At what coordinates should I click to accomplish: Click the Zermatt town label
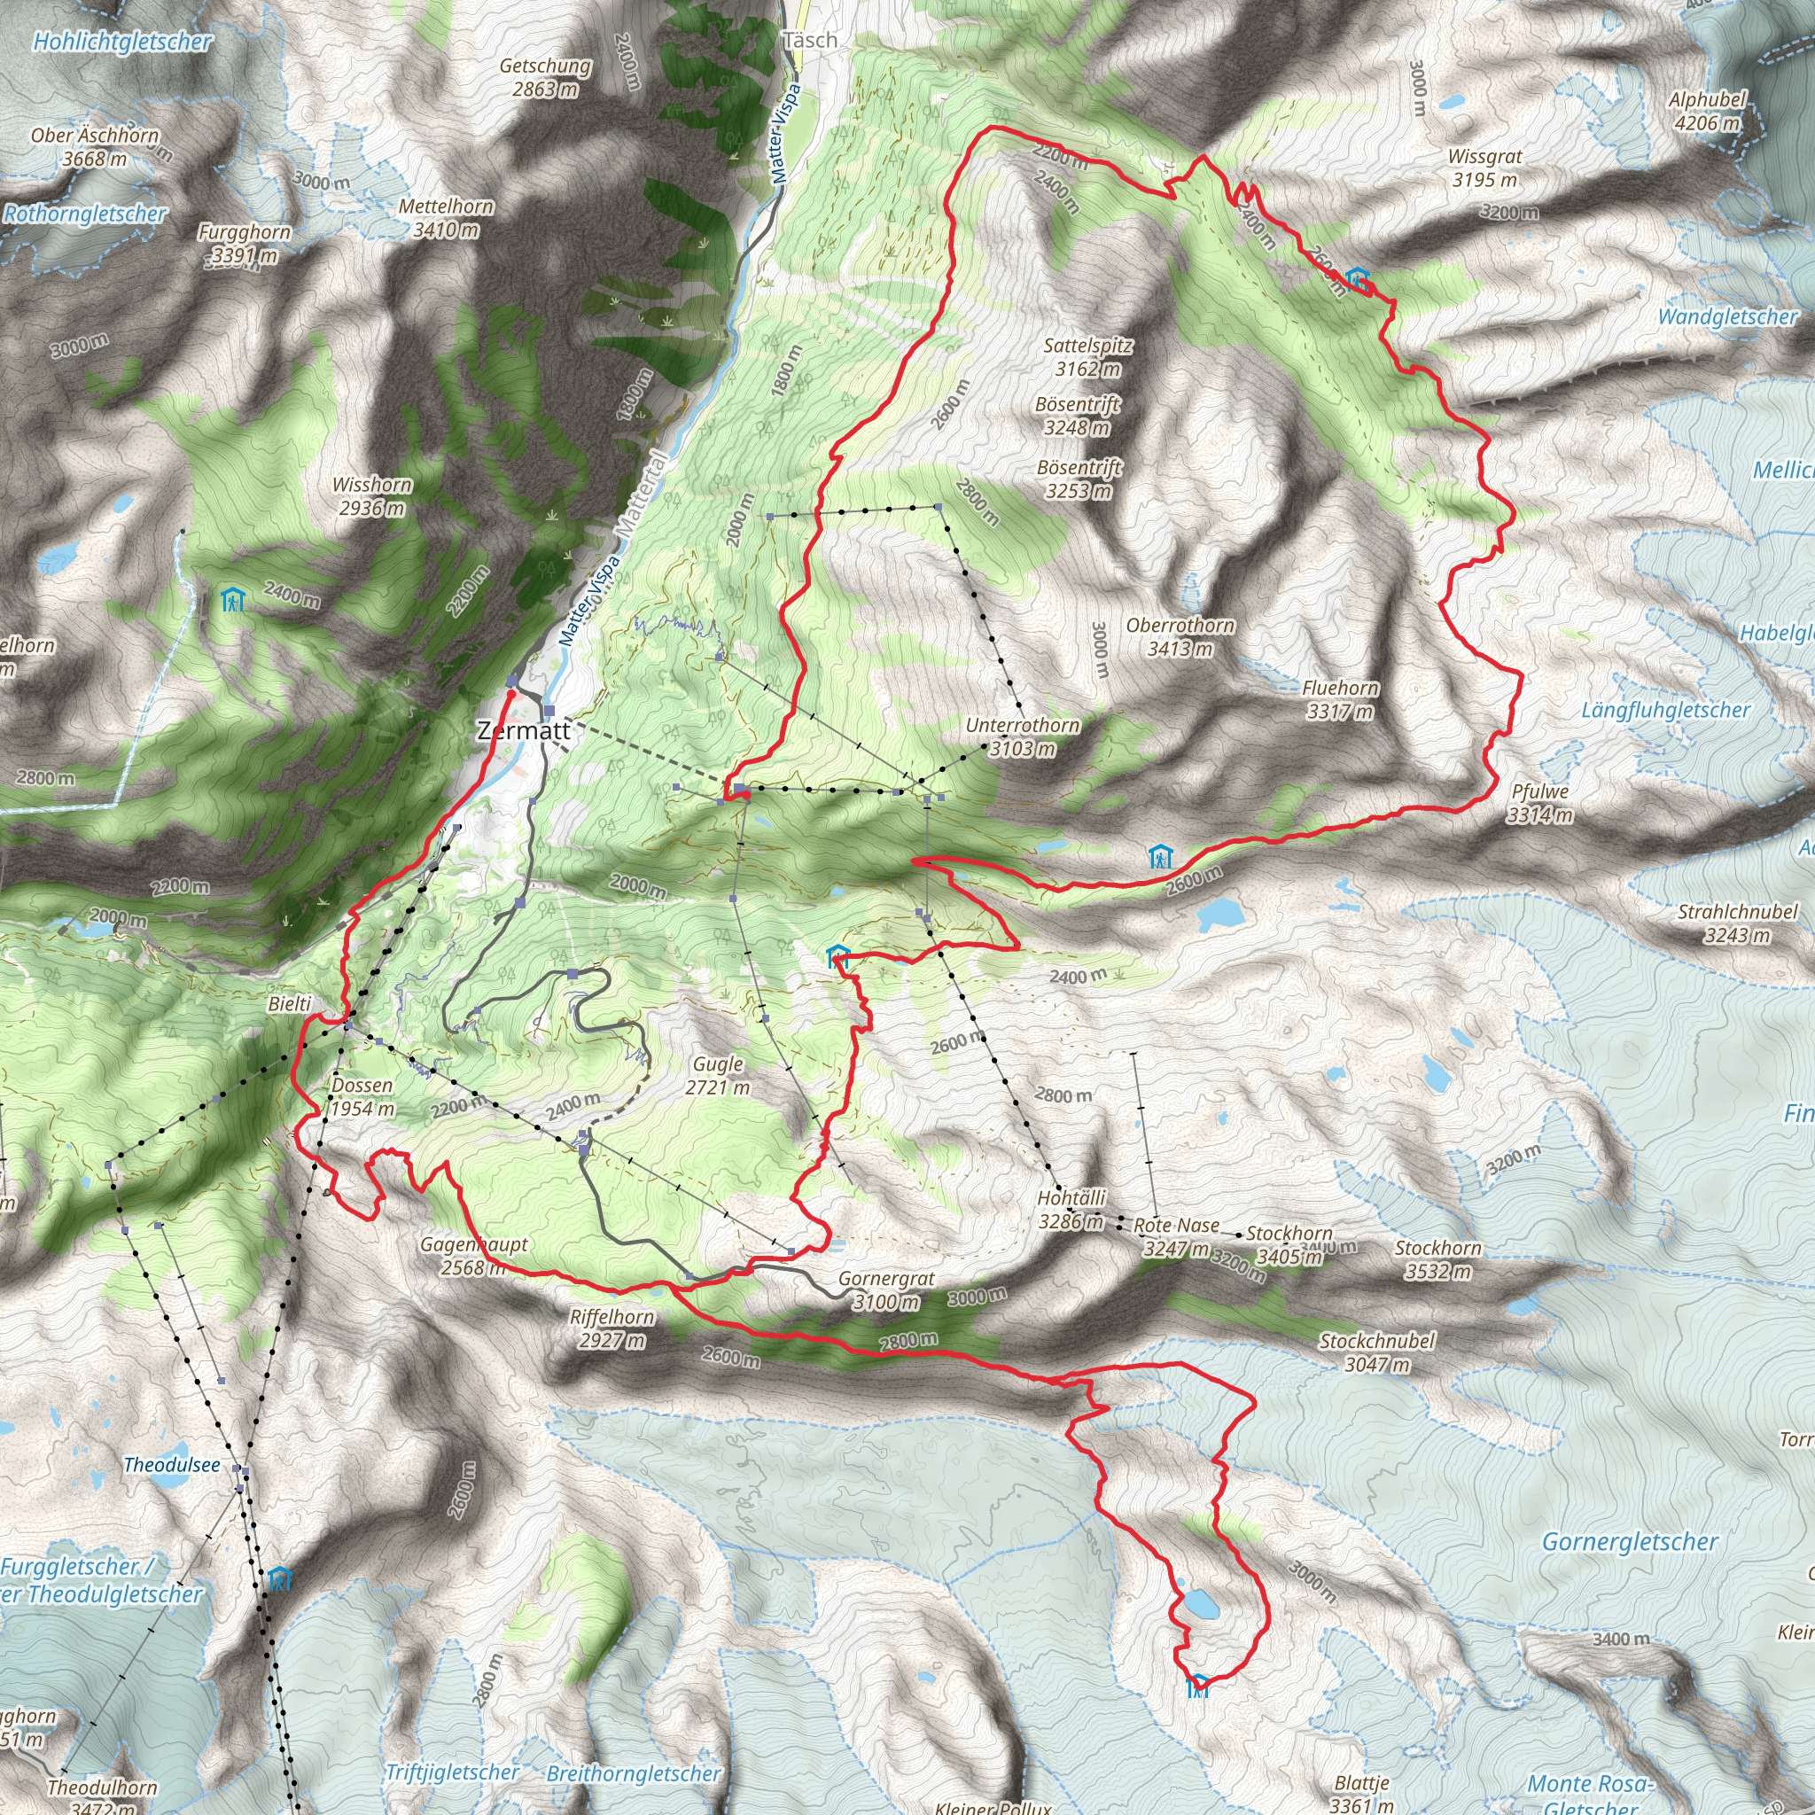[522, 731]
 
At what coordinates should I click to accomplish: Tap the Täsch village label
[809, 41]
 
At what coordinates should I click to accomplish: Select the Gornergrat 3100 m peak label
[886, 1290]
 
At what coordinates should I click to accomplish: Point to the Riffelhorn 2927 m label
[611, 1328]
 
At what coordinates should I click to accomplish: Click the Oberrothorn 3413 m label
[1180, 637]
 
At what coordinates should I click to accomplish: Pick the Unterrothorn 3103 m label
[1022, 737]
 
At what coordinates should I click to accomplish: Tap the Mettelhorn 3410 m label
[447, 218]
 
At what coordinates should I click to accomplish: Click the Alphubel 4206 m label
[1707, 111]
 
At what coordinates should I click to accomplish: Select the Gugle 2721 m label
[718, 1076]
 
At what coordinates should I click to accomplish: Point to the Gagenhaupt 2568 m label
[473, 1256]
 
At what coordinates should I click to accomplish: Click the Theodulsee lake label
[172, 1465]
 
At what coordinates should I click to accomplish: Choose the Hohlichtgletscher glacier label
[122, 42]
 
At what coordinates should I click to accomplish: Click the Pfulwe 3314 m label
[1539, 803]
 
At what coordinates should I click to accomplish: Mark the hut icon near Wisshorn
[232, 599]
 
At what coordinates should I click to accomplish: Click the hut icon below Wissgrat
[1357, 278]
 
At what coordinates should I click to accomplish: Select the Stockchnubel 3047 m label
[1376, 1352]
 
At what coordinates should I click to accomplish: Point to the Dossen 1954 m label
[362, 1096]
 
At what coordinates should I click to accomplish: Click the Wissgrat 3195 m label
[1484, 167]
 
